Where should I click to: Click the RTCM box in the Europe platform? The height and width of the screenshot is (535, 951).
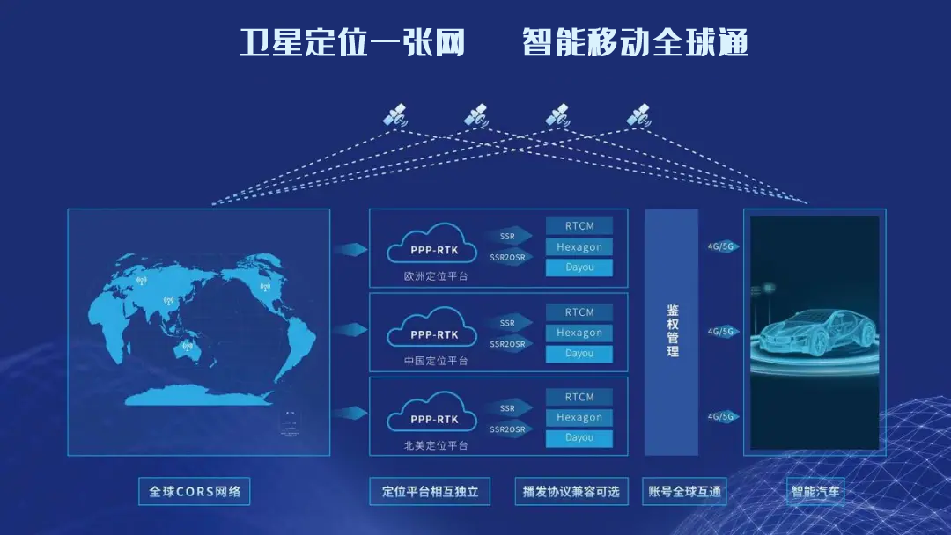point(579,226)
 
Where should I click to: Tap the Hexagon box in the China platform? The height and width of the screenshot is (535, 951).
point(579,333)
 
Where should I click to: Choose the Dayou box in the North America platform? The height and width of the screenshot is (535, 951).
point(579,437)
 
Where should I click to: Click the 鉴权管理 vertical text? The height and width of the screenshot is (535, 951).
point(673,331)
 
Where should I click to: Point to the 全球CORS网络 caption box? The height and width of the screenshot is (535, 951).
point(195,491)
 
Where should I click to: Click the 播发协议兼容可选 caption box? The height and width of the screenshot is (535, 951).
point(571,491)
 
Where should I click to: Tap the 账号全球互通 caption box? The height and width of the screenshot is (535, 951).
point(685,491)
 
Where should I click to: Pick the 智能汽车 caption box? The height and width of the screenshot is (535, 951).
point(815,491)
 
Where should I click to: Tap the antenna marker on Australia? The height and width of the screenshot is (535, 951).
point(186,347)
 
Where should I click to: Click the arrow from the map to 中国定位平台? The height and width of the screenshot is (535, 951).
point(350,333)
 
